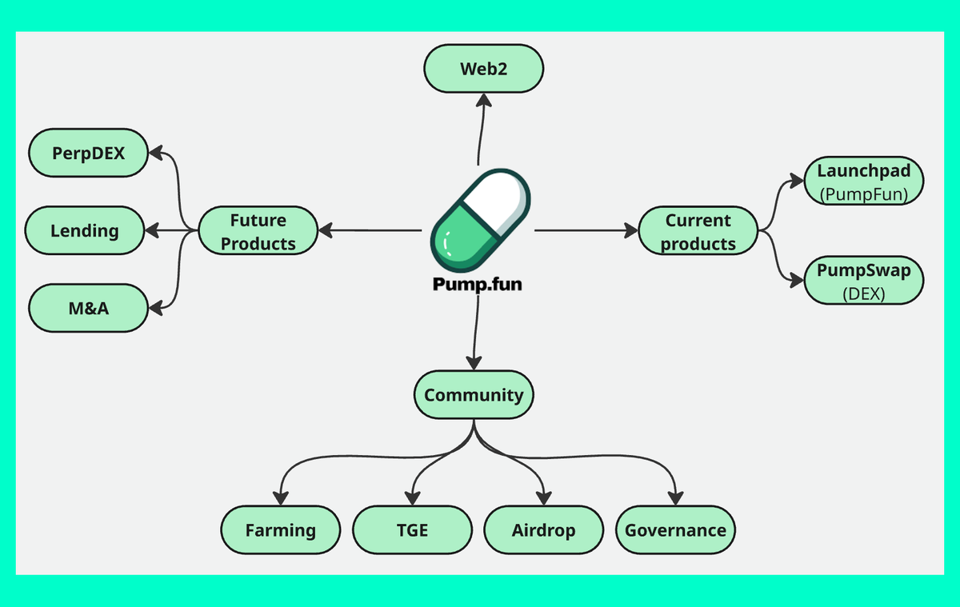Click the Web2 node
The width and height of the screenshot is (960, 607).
pyautogui.click(x=484, y=69)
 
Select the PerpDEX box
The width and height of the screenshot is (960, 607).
pyautogui.click(x=88, y=153)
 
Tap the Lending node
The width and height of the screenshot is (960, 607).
pyautogui.click(x=85, y=231)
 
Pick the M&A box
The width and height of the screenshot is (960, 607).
pyautogui.click(x=88, y=309)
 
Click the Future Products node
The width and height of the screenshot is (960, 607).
pyautogui.click(x=258, y=231)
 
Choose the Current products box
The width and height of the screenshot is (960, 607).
pyautogui.click(x=698, y=231)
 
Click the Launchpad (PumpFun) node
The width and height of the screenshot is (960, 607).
pyautogui.click(x=863, y=182)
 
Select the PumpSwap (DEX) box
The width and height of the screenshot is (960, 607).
pyautogui.click(x=863, y=281)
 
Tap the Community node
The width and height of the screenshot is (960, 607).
pyautogui.click(x=474, y=394)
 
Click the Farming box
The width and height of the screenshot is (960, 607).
pyautogui.click(x=280, y=529)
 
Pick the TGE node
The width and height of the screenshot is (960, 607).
pyautogui.click(x=412, y=529)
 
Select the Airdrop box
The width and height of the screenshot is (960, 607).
pyautogui.click(x=543, y=529)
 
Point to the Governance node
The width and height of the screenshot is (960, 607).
pyautogui.click(x=675, y=529)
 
